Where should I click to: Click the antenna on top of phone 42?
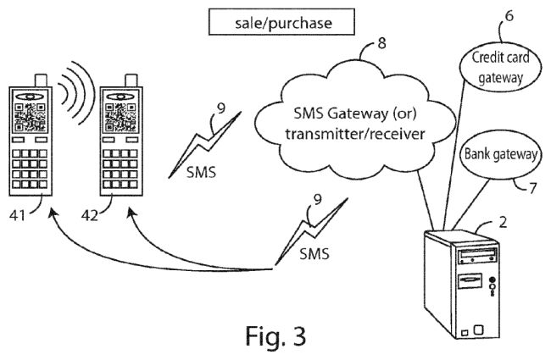[131, 80]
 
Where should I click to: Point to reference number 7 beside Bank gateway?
[532, 189]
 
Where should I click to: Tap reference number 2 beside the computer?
[502, 224]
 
